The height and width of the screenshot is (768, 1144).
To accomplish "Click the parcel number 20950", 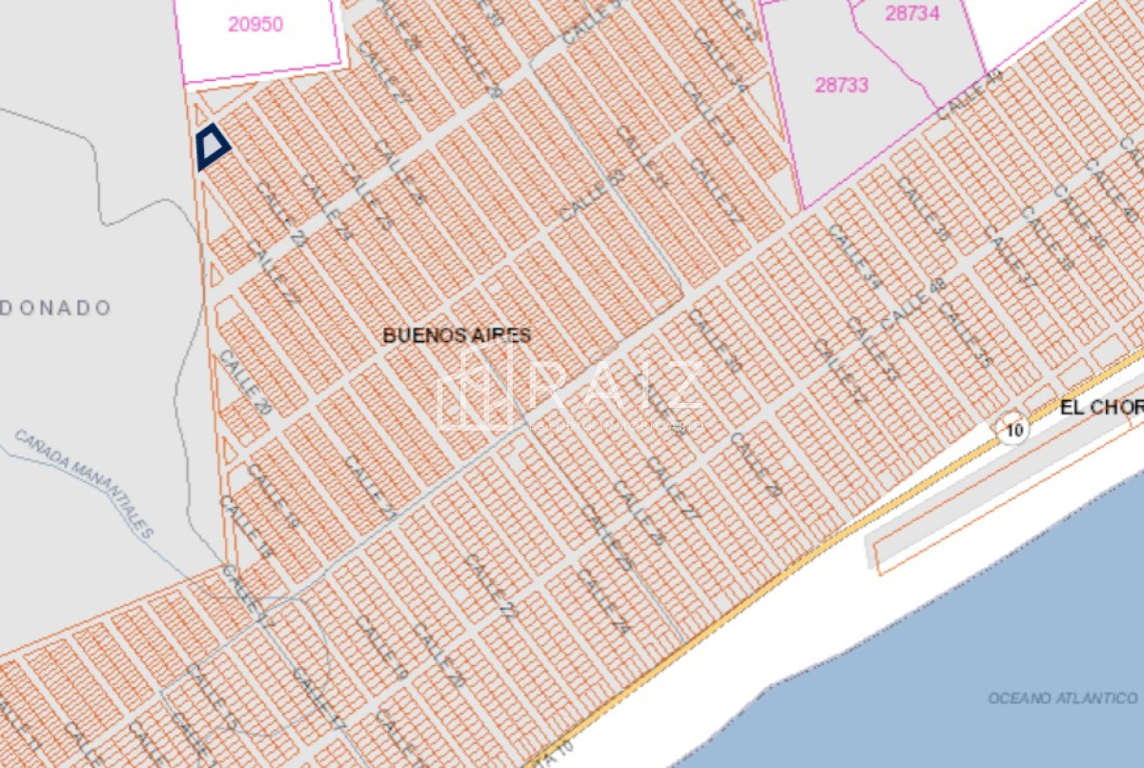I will point(255,25).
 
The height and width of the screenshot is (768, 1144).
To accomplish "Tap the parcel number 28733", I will point(841,85).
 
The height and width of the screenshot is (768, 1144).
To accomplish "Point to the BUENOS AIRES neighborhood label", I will point(457,335).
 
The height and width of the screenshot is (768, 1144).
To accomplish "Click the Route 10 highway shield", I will point(1013,430).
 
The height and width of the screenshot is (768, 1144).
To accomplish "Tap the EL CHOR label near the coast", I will point(1101,408).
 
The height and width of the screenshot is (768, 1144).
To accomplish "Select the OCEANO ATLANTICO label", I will point(1062,698).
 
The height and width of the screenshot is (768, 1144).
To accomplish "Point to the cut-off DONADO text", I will point(55,308).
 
